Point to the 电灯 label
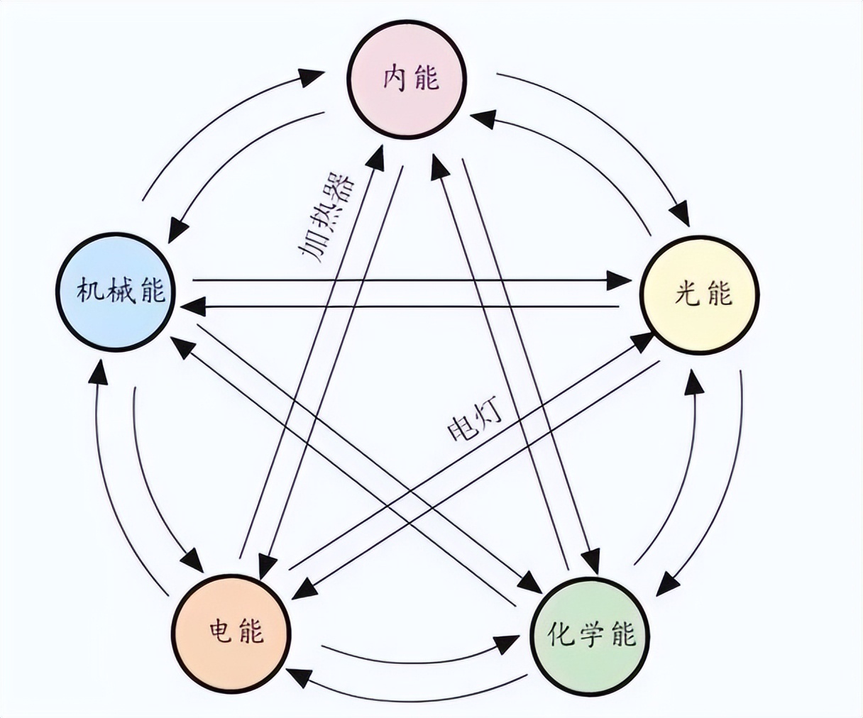474,421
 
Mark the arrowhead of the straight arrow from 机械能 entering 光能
617,281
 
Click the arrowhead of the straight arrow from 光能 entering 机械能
192,307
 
